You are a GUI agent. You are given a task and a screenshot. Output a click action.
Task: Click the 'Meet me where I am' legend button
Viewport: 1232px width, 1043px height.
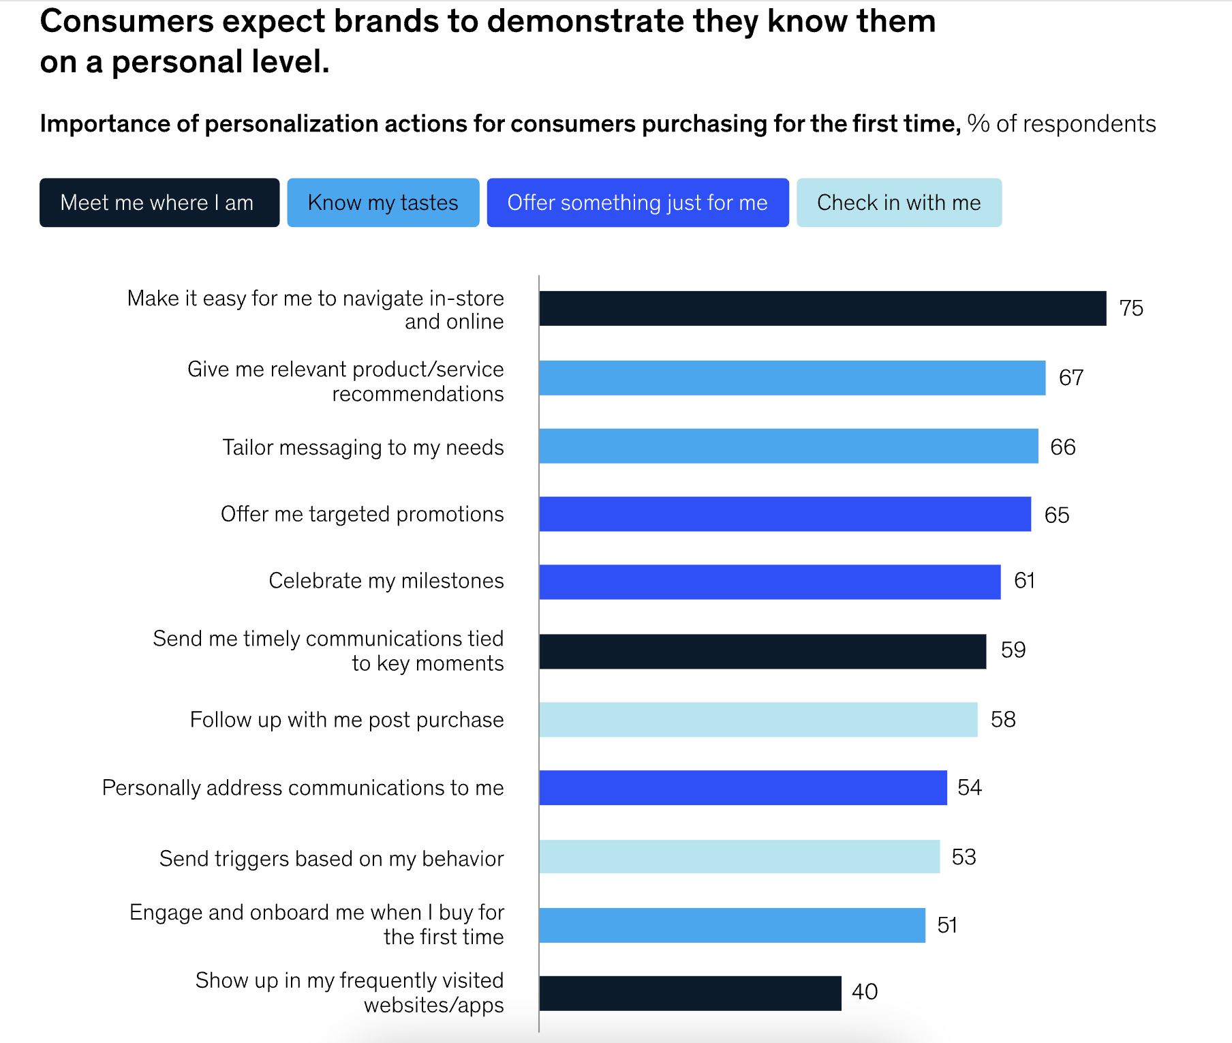159,202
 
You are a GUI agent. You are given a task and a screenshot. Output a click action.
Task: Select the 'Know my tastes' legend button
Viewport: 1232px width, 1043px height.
383,202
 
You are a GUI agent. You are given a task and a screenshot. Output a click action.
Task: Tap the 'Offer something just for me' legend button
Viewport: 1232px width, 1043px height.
638,202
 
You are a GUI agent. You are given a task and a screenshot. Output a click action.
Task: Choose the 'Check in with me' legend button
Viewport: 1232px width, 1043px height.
899,202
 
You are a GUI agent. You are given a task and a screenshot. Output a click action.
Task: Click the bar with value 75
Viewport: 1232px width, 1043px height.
822,308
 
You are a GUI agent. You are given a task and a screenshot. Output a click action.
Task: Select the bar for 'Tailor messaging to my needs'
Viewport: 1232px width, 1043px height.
788,446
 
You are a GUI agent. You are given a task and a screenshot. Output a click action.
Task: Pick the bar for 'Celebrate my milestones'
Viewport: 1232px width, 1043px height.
770,581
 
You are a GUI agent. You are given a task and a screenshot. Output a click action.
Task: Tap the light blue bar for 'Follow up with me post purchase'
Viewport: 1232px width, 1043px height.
758,719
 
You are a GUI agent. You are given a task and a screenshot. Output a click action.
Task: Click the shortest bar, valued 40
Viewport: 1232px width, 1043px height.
690,993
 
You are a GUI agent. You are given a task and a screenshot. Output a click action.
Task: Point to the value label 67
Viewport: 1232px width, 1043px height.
1071,378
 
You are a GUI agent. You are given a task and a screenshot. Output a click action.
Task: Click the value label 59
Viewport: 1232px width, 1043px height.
1013,650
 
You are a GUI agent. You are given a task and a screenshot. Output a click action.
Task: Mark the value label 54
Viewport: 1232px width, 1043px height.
969,787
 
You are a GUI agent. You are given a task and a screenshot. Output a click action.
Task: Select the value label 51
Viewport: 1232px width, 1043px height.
947,925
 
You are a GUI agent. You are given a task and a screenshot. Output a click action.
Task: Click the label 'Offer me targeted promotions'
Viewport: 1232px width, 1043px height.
362,514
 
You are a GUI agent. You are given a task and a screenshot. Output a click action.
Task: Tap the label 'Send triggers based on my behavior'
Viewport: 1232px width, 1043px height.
331,858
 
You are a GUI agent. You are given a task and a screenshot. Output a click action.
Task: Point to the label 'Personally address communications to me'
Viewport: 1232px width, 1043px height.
303,787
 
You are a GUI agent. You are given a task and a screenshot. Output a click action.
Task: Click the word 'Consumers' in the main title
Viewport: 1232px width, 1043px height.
127,21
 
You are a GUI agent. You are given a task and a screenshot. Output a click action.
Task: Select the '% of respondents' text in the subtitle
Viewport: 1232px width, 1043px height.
1061,124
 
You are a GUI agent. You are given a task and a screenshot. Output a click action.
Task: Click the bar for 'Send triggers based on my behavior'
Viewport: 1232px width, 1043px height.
739,856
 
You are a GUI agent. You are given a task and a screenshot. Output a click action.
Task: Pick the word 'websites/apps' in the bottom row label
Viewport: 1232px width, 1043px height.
433,1005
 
